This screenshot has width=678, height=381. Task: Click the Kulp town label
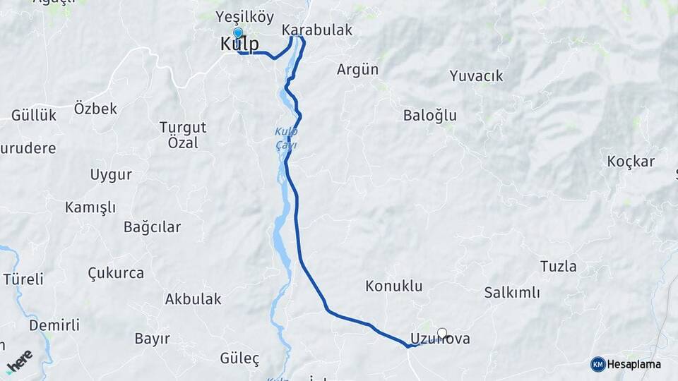tap(239, 44)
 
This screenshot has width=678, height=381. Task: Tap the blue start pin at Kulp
tap(237, 33)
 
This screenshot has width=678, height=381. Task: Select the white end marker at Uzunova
tap(442, 333)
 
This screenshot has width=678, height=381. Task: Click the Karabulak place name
tap(316, 30)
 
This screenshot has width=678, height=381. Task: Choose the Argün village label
tap(357, 69)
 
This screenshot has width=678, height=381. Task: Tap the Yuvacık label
tap(476, 75)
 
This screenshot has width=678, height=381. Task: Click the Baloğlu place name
tap(430, 115)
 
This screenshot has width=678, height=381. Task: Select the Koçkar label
tap(631, 162)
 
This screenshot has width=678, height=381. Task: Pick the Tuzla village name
tap(558, 267)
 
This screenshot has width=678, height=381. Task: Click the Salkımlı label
tap(512, 292)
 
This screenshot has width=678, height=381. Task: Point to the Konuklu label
tap(393, 286)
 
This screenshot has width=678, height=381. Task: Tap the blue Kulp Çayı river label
tap(286, 138)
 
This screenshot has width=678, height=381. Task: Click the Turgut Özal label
tap(183, 135)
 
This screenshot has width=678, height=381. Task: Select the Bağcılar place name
tap(152, 227)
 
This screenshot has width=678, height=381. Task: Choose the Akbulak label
tap(193, 299)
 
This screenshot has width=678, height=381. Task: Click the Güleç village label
tap(239, 358)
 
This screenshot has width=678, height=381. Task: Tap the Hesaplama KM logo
tap(626, 364)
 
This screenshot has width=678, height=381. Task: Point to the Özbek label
tap(95, 109)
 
